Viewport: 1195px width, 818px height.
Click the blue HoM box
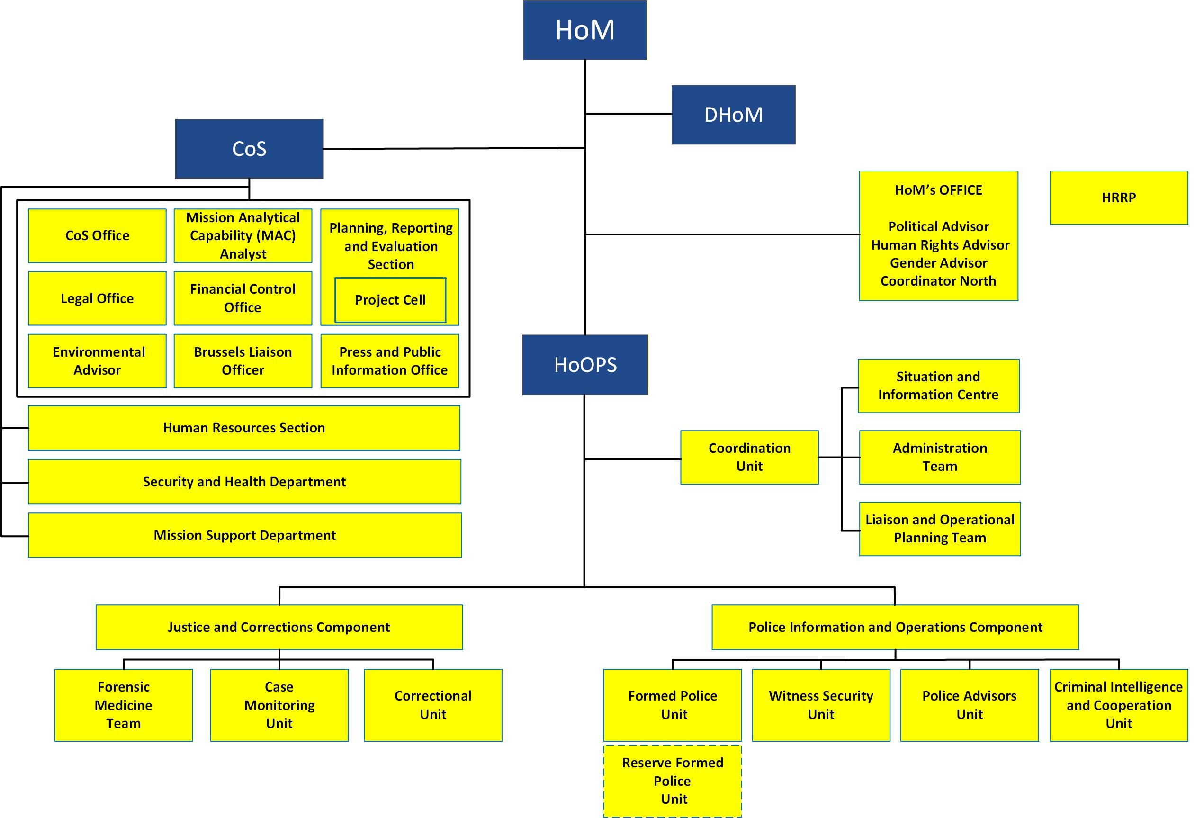[584, 30]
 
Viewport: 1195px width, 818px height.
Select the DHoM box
[733, 115]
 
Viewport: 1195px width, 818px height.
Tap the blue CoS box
[249, 149]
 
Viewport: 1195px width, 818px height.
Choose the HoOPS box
[584, 365]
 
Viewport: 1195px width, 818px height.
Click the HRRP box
[1118, 198]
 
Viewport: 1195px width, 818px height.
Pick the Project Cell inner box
[390, 300]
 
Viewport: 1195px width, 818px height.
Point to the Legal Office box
[97, 298]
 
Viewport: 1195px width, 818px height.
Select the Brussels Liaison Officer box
[243, 361]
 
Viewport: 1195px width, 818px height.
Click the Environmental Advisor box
[97, 361]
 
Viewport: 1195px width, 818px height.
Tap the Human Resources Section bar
[244, 428]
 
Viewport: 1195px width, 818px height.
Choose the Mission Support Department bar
[245, 535]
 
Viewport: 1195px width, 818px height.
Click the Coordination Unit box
[749, 457]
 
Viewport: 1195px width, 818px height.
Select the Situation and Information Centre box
[938, 386]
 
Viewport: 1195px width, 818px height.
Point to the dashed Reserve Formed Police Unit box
[673, 781]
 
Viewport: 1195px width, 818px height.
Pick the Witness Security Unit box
[821, 705]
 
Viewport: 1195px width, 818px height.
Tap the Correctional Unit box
[433, 705]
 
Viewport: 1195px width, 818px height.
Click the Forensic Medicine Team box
[124, 705]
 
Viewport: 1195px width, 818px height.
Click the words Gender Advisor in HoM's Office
[938, 263]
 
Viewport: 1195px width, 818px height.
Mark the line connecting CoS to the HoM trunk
[452, 149]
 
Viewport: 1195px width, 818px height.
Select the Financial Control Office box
[243, 298]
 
